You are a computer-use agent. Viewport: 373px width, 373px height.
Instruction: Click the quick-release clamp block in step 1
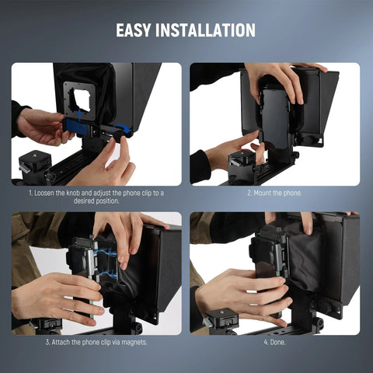34,162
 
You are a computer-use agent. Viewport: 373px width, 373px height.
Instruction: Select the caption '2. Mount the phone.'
274,192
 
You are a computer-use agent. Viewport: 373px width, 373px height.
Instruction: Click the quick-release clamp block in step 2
242,162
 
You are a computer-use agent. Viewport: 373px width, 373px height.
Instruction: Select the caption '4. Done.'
274,341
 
